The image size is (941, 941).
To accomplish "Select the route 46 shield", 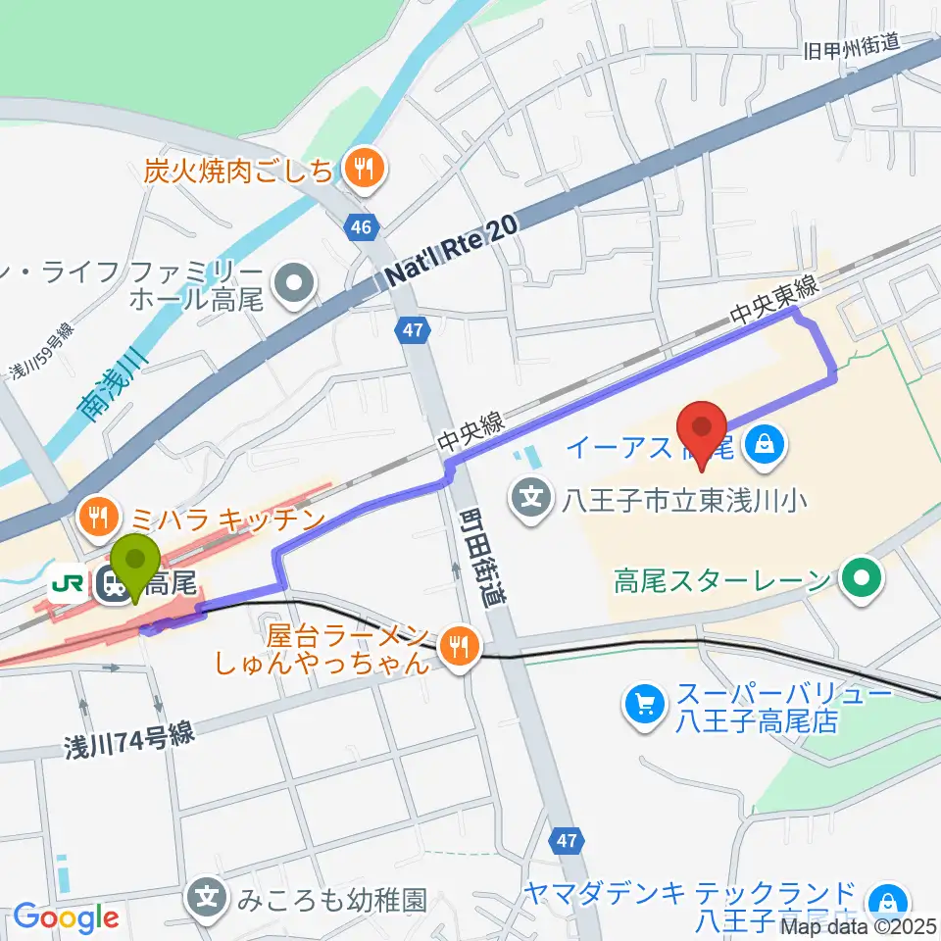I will [362, 227].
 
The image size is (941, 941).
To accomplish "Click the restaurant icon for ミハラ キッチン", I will [99, 516].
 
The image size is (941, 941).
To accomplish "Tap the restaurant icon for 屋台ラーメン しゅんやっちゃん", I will [456, 644].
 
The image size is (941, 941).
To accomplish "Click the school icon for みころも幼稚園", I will [208, 898].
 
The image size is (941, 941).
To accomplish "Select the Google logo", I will [66, 918].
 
